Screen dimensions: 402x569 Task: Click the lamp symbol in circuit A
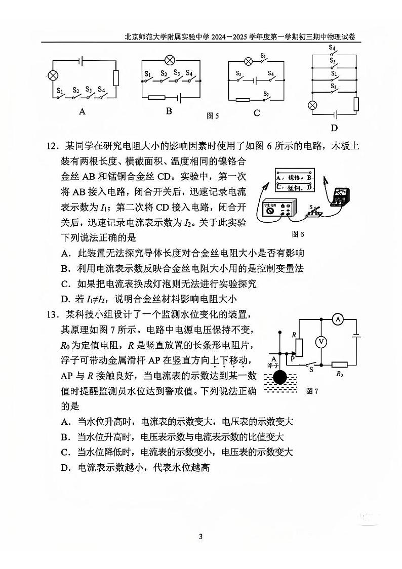coord(52,76)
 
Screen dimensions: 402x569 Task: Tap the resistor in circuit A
coord(116,78)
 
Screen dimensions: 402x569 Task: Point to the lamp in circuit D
coord(313,105)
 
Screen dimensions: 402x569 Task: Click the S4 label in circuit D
coord(332,48)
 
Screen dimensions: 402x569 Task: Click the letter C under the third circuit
coord(257,113)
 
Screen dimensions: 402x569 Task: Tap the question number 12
coord(52,147)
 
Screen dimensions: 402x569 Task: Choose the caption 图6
coord(298,234)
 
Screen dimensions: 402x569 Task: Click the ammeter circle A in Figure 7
coord(339,319)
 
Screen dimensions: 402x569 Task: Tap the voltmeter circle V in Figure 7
coord(320,342)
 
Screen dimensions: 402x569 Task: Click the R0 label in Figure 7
coord(340,375)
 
